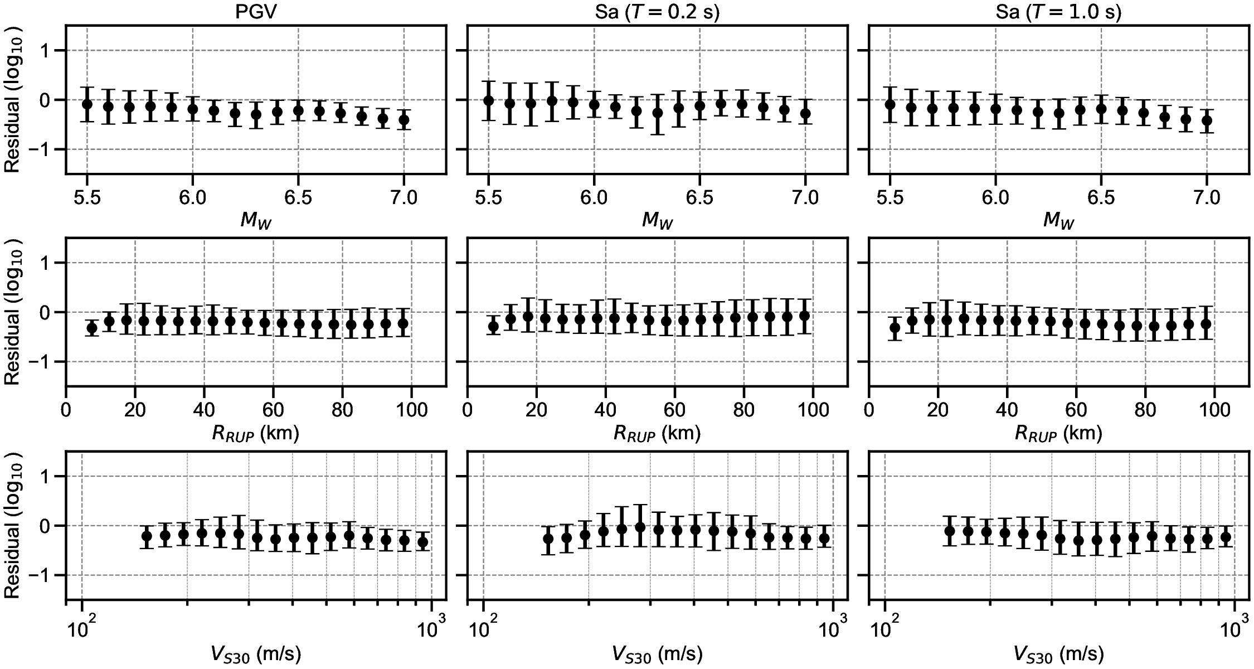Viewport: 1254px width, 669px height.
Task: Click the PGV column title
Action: (x=255, y=12)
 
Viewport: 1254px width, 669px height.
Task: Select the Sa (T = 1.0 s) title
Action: (x=1058, y=12)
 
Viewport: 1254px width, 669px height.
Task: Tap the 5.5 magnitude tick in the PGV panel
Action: (x=87, y=198)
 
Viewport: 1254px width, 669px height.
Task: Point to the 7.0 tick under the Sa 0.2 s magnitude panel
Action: (x=805, y=198)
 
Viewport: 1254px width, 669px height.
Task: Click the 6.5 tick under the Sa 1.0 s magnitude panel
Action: (x=1101, y=198)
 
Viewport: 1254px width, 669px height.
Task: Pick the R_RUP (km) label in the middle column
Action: (x=657, y=433)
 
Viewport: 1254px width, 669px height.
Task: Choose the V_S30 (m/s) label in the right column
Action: (x=1058, y=654)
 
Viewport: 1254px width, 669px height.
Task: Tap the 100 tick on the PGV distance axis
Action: (x=411, y=410)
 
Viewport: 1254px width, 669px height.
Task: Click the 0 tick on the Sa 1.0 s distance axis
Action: (x=869, y=410)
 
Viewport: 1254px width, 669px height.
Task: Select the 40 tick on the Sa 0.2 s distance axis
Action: (x=606, y=410)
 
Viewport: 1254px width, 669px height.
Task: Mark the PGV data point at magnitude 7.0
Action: (x=404, y=119)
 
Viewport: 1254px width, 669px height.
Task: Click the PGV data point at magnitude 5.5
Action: (x=87, y=104)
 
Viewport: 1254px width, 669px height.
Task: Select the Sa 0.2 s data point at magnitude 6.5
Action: (x=699, y=105)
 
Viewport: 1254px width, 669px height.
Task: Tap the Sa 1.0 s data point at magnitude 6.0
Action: (x=995, y=109)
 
